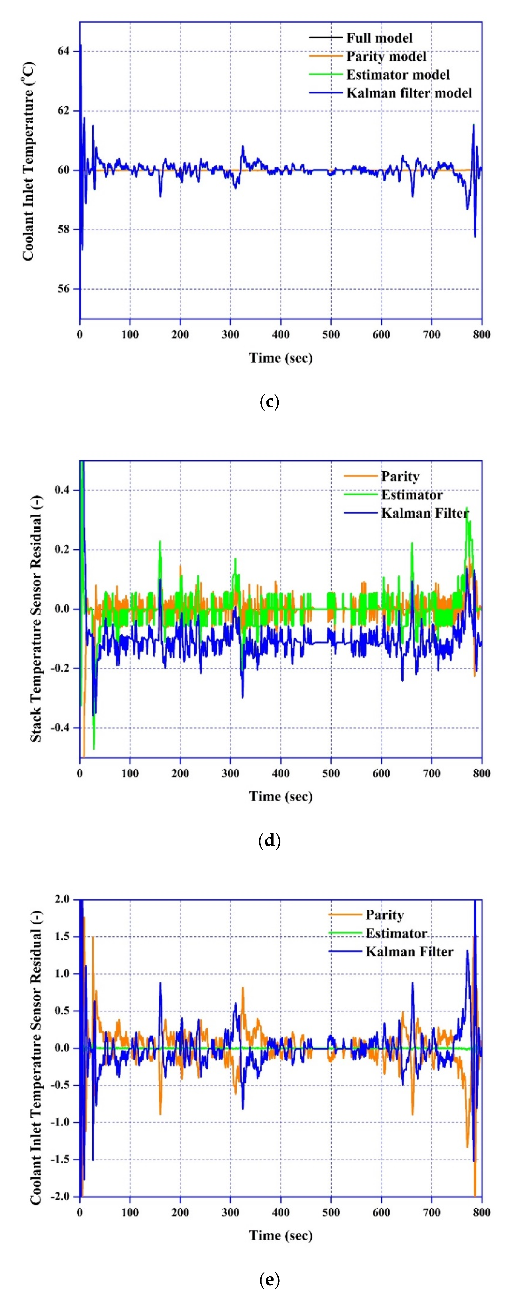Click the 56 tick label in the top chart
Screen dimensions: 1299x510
click(64, 289)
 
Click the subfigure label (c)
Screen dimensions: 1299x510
click(269, 402)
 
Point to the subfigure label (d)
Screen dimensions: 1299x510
click(269, 841)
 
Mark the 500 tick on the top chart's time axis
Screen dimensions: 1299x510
click(331, 334)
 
